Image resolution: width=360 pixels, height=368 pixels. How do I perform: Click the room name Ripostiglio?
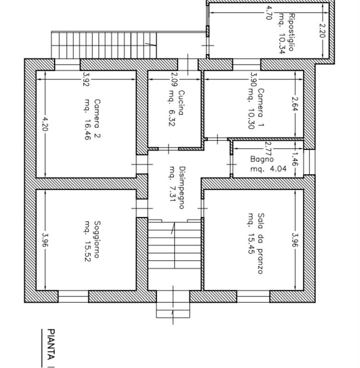tap(291, 29)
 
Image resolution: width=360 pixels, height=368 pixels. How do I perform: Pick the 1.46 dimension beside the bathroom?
tap(295, 159)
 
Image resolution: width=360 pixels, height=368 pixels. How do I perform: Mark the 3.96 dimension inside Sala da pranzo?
tap(294, 240)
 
